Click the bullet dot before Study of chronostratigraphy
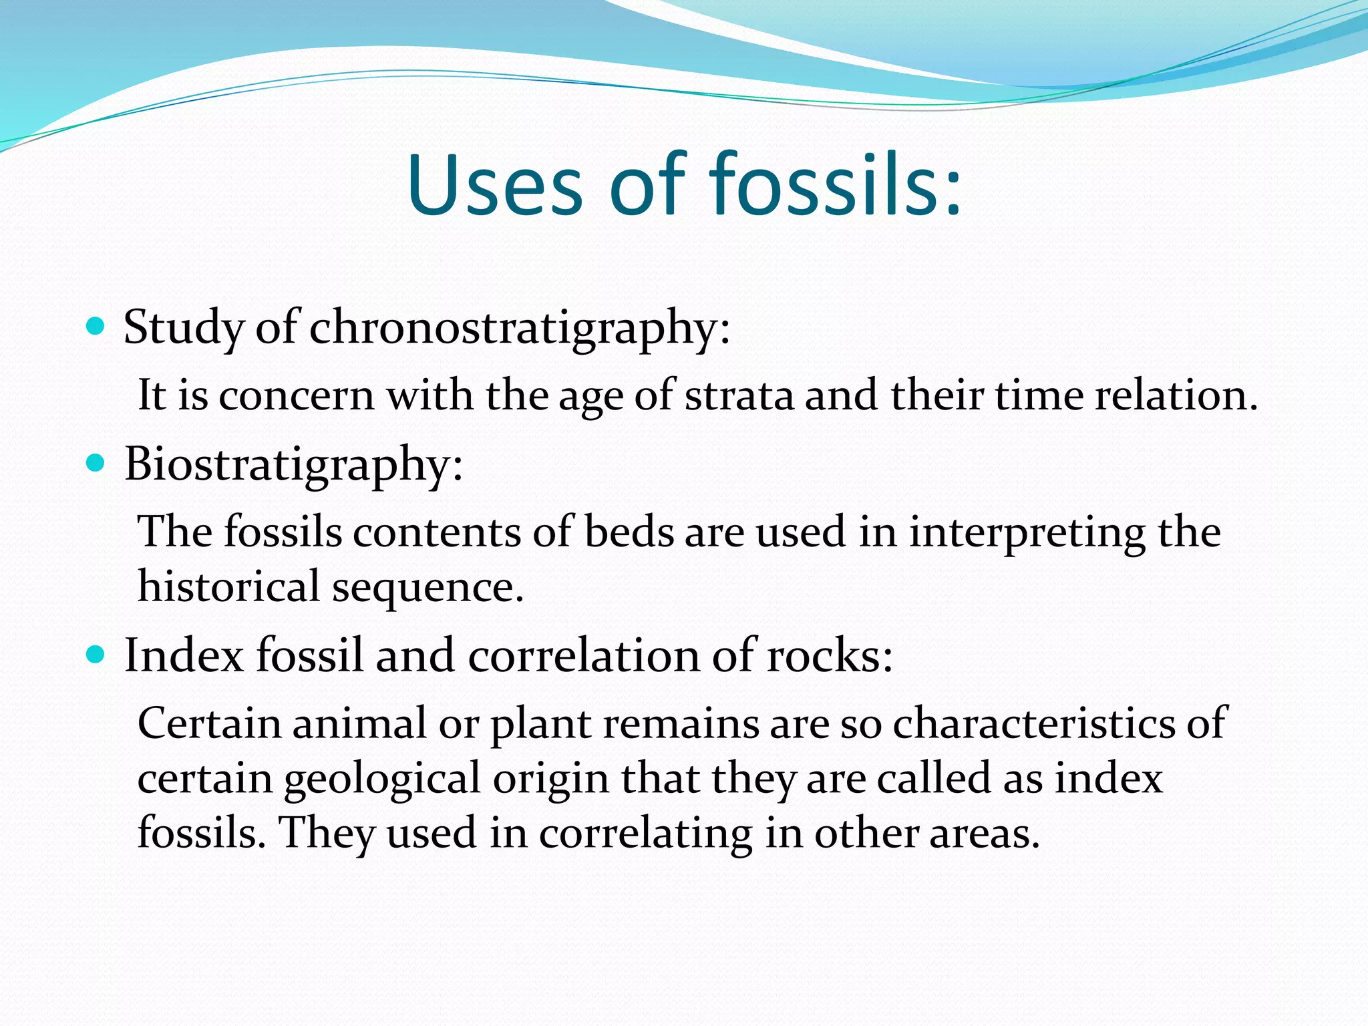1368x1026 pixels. pos(96,327)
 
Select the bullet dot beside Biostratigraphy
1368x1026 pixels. pos(96,464)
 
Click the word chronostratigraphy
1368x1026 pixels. pos(520,329)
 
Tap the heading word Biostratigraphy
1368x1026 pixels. pos(293,465)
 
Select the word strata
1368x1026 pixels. pos(739,395)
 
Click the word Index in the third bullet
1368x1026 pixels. pos(184,655)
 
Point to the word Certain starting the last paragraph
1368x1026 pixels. pos(208,724)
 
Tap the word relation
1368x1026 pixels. pos(1176,395)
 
